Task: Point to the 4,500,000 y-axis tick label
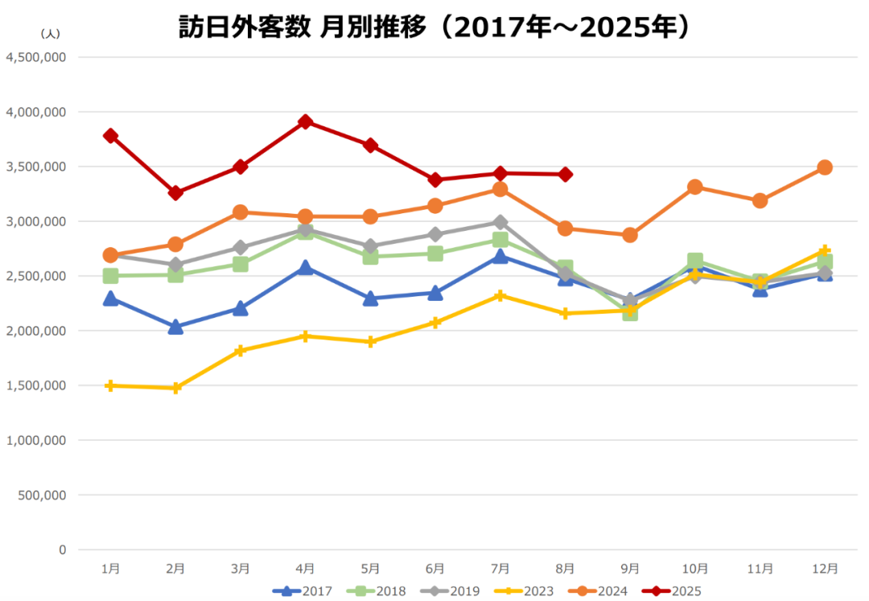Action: (x=35, y=57)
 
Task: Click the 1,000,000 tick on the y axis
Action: (x=35, y=440)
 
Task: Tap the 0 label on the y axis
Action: (x=62, y=550)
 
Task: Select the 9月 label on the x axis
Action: (x=630, y=568)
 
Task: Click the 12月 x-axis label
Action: (x=825, y=568)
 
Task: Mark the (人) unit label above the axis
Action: (x=49, y=34)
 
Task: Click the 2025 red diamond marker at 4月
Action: (x=306, y=121)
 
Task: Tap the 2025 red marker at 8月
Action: (x=566, y=175)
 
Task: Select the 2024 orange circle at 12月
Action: (x=825, y=167)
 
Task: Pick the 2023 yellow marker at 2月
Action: (x=175, y=388)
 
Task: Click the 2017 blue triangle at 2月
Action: (x=175, y=327)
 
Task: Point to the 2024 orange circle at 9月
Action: (x=630, y=235)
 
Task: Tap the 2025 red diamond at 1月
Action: (x=110, y=136)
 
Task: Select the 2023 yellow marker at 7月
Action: (x=500, y=295)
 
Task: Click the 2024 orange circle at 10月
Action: (x=695, y=187)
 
